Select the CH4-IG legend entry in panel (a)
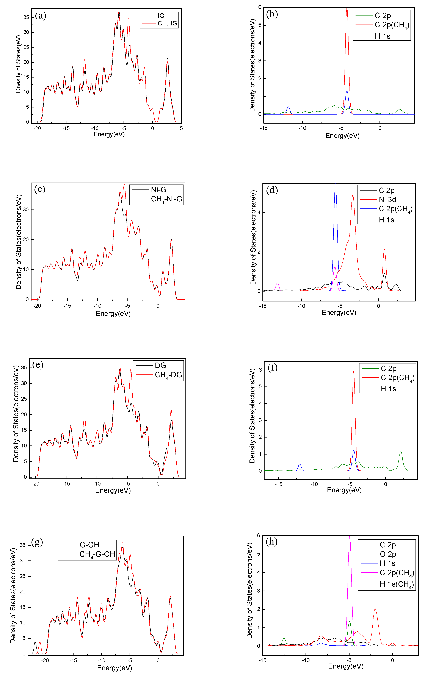pos(167,23)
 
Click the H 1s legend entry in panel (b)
pos(382,36)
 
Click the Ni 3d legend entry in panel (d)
pos(387,200)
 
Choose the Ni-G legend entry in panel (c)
pos(158,190)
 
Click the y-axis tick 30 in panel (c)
pos(26,210)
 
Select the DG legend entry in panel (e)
pos(160,366)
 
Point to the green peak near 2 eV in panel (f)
pos(401,451)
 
